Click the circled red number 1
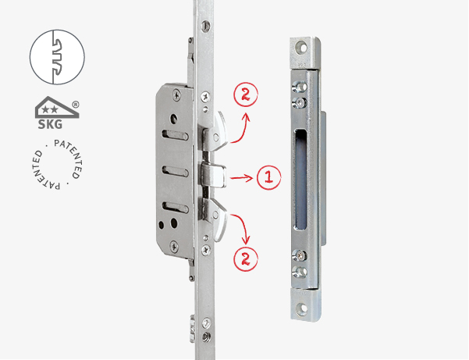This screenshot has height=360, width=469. point(269,177)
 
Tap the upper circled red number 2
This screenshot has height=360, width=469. point(246,94)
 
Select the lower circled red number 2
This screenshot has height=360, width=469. point(246,259)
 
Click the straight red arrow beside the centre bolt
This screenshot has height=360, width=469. point(242,178)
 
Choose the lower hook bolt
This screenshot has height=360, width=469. point(215,219)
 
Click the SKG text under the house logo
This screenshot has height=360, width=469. point(50,124)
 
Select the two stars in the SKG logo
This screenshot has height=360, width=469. point(50,109)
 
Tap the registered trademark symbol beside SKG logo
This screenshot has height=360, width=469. point(76,105)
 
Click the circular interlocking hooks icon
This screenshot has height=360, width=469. point(57,57)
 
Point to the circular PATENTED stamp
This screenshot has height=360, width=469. point(57,164)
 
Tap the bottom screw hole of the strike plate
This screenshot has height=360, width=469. point(303,308)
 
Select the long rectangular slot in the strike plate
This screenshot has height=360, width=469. point(300,180)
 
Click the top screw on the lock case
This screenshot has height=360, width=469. point(177,95)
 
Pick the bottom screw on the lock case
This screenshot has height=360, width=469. point(174,247)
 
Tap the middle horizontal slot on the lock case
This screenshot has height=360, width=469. point(175,171)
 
